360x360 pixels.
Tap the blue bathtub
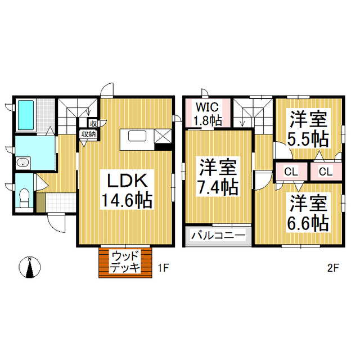tap(26, 115)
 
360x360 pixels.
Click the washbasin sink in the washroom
tap(22, 163)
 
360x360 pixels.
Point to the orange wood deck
tap(125, 262)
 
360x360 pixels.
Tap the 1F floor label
tap(163, 268)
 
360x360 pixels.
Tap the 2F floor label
tap(332, 268)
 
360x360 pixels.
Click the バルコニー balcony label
tap(218, 235)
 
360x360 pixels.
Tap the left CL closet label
tap(291, 172)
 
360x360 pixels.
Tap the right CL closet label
tap(325, 172)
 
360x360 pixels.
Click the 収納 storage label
tap(88, 134)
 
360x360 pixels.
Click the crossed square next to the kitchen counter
tap(162, 136)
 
